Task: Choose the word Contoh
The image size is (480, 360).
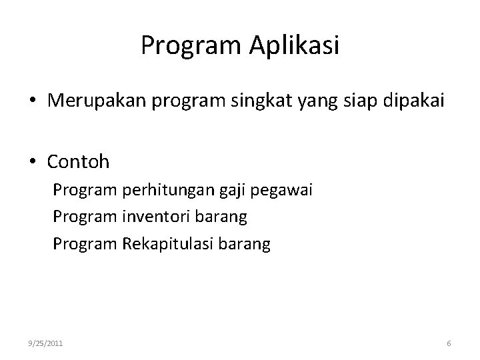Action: point(78,161)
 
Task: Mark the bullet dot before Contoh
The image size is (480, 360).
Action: point(32,162)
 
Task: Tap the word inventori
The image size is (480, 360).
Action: point(155,217)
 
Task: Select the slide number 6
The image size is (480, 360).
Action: point(449,343)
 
